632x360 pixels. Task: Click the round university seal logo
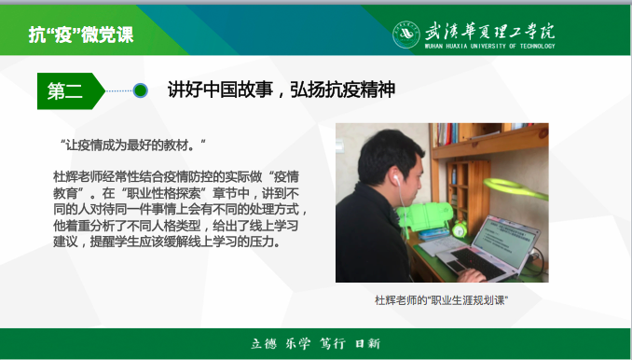[405, 34]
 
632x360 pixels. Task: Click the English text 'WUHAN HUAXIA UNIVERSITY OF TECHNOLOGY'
[489, 46]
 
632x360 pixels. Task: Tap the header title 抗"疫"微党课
[81, 35]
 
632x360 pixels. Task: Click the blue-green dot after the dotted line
[141, 90]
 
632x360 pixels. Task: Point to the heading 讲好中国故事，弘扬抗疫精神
[281, 90]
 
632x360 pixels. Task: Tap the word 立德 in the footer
[264, 343]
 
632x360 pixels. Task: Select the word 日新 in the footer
[368, 343]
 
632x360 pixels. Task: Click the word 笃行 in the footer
[333, 343]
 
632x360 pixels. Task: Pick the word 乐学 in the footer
[298, 343]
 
